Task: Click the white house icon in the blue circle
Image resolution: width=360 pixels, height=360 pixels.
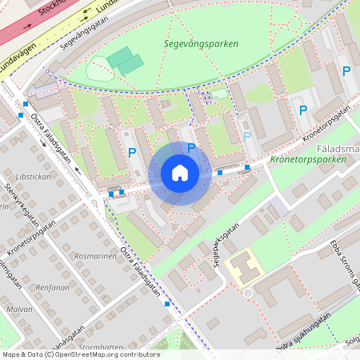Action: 180,173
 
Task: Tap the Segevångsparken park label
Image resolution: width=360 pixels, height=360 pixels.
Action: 201,44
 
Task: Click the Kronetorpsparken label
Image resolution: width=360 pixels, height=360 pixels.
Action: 308,160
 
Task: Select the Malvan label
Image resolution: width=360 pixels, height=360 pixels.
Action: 19,309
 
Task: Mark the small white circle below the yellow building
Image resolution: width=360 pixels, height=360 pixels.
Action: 248,294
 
